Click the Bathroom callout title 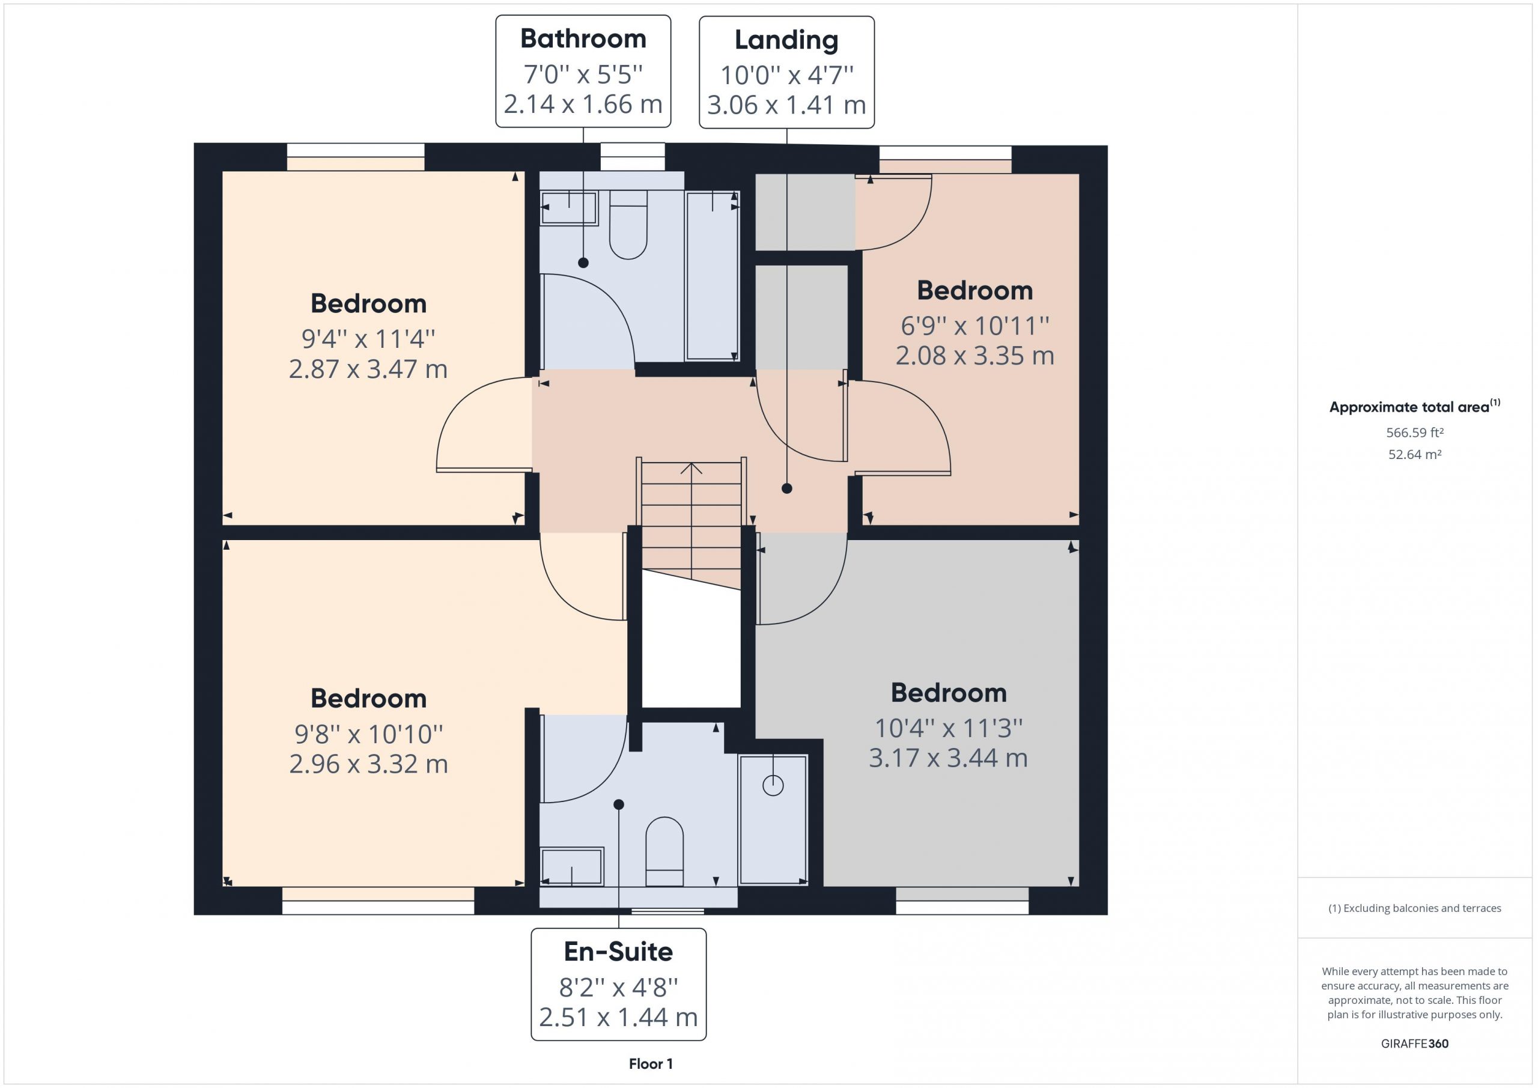(583, 39)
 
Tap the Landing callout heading (786, 40)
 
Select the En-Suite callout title (618, 952)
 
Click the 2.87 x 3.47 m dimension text (368, 369)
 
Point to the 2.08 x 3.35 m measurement (974, 356)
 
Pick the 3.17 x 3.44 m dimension (948, 758)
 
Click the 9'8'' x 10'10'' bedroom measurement (368, 734)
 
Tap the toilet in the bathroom (628, 225)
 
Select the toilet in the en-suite (664, 851)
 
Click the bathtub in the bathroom (712, 276)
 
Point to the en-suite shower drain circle (773, 785)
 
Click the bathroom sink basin (570, 208)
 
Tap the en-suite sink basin (572, 867)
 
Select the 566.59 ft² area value (1414, 433)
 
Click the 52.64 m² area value (1414, 454)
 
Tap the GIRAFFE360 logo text (1414, 1044)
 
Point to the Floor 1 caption (651, 1064)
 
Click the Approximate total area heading (1414, 407)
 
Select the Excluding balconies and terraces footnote (1414, 908)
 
